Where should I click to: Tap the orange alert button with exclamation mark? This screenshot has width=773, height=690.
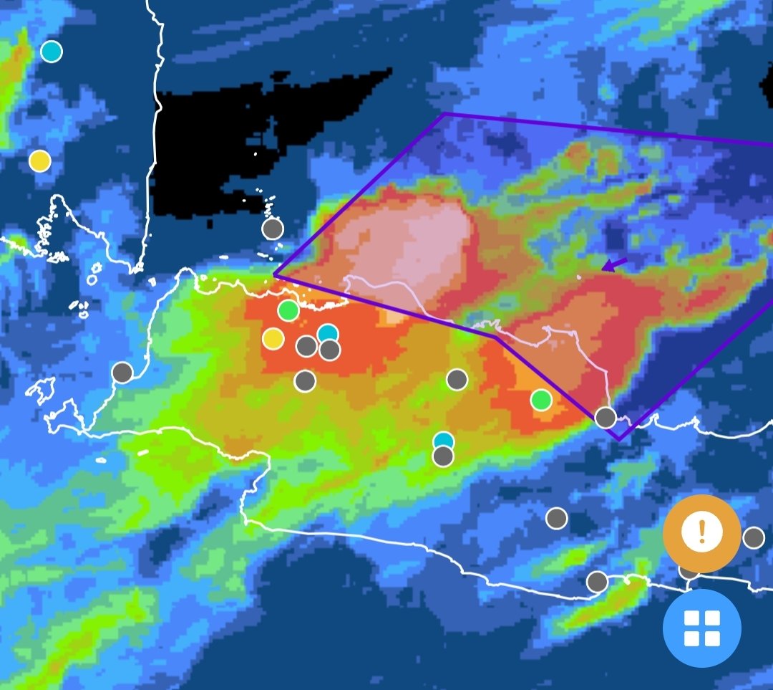[701, 532]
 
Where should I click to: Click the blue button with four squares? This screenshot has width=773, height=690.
[701, 628]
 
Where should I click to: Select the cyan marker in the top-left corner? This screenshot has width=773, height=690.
[51, 52]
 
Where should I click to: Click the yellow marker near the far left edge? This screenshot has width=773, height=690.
[40, 161]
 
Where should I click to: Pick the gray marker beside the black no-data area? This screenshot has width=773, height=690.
[273, 229]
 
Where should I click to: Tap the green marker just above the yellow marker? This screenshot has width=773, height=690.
[288, 311]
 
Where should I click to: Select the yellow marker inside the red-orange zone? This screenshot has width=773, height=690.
[273, 338]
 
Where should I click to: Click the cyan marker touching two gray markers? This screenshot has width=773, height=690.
[328, 334]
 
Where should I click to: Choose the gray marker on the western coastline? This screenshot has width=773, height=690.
[122, 373]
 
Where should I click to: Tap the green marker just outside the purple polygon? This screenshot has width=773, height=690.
[541, 400]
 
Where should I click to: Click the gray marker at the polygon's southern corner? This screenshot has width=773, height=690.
[606, 418]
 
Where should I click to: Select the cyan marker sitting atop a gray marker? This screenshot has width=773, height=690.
[444, 441]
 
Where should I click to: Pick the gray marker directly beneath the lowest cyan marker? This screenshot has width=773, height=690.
[444, 456]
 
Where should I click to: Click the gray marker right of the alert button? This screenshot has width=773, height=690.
[754, 537]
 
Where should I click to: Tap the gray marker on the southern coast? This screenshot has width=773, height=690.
[597, 582]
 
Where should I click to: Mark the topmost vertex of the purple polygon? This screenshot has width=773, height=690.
[444, 114]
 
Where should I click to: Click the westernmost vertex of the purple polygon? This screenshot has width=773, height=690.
[275, 275]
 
